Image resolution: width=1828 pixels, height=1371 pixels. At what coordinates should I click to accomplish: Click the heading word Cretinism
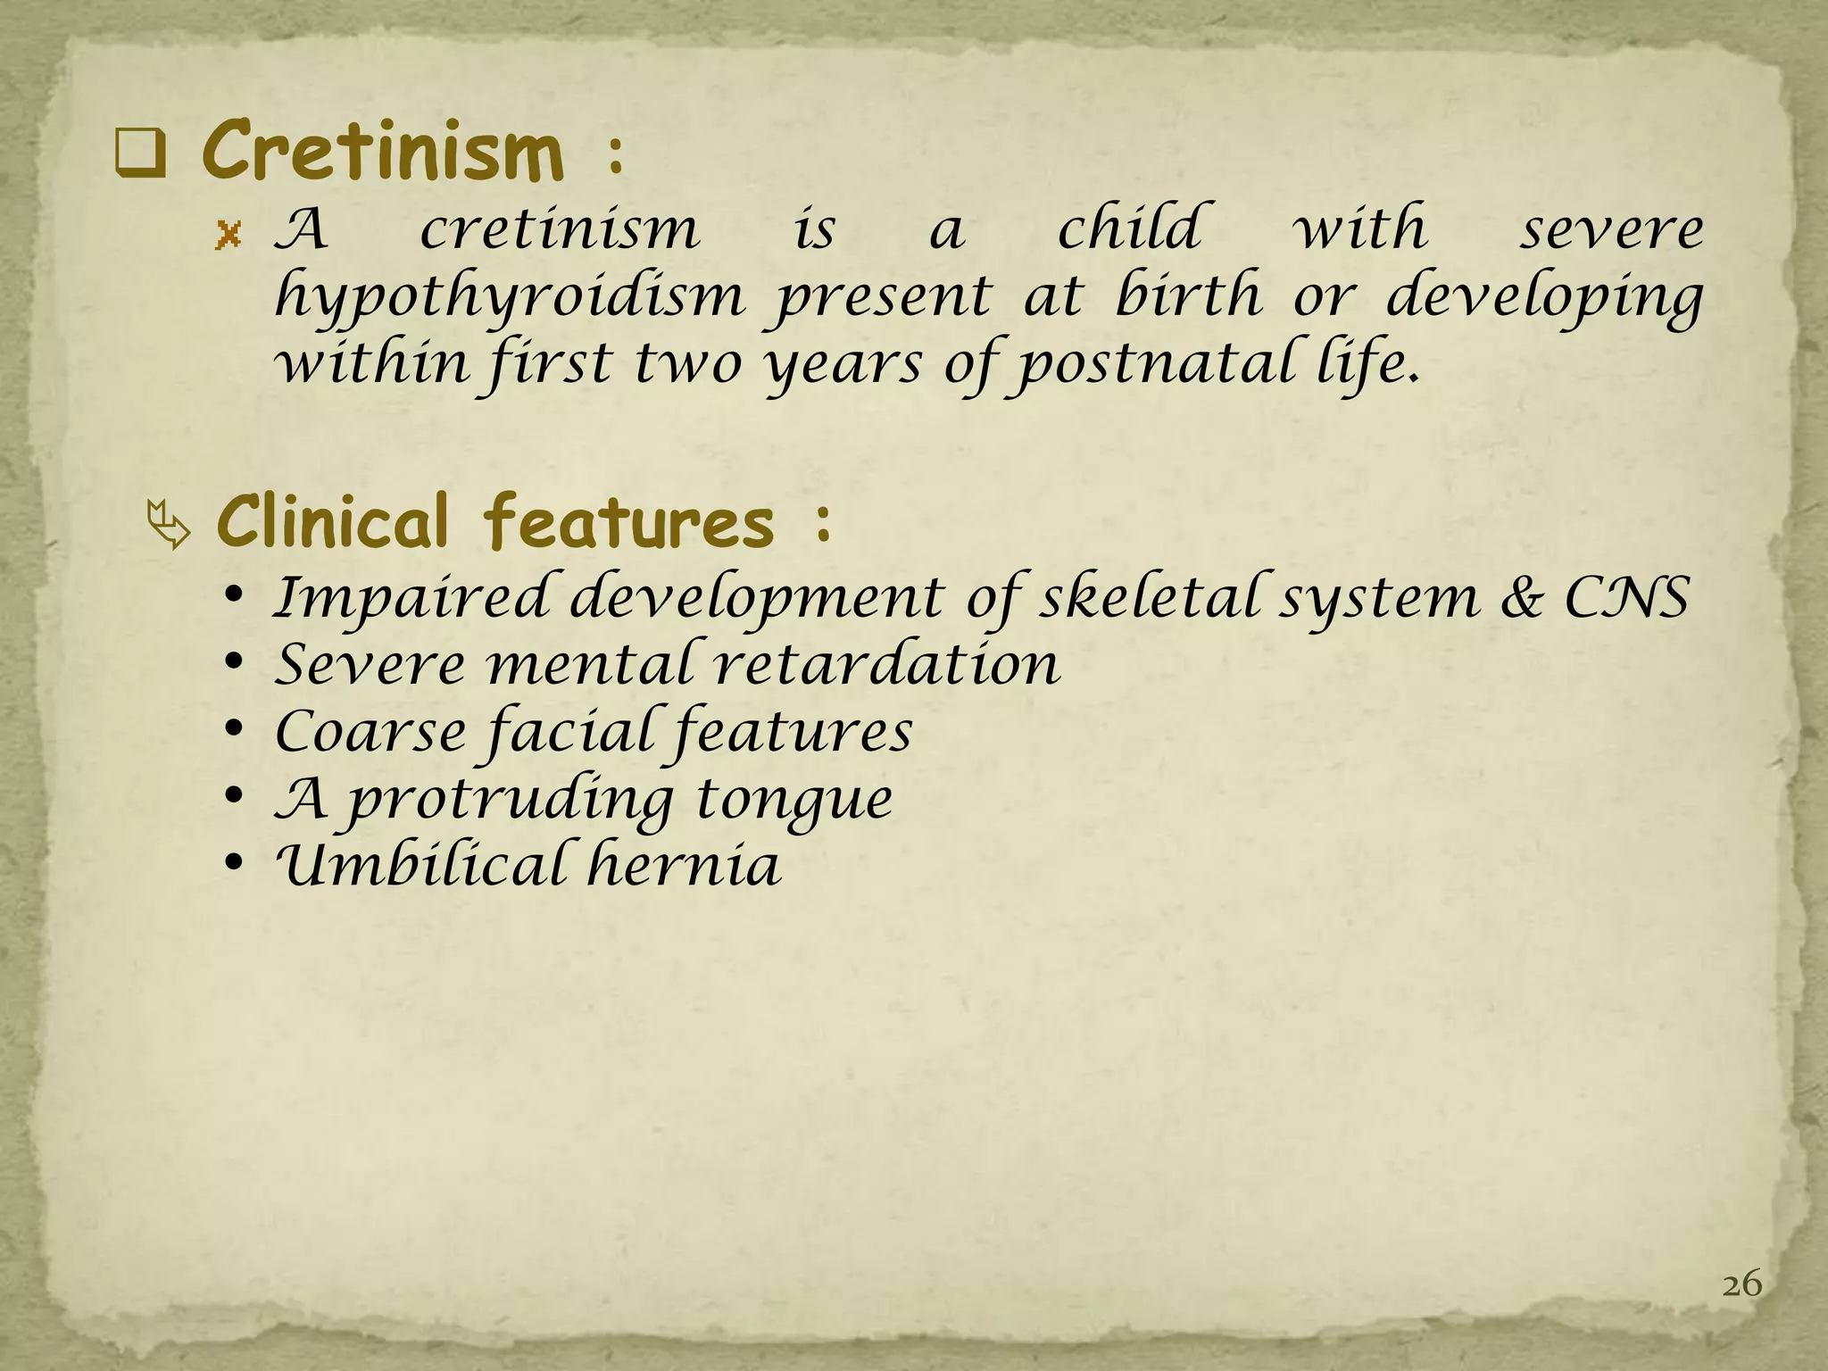384,152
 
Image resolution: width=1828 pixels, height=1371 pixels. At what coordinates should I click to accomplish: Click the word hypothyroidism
510,298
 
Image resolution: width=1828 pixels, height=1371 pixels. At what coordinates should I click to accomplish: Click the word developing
1544,298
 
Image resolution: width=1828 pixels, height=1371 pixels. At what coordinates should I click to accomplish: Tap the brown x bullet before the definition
229,236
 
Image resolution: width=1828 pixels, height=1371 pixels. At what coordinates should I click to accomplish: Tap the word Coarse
370,732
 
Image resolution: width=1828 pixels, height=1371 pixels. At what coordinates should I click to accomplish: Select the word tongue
794,800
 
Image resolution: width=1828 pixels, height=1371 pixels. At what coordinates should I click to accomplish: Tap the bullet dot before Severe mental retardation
234,664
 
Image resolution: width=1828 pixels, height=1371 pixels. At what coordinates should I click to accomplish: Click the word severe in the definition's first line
1612,230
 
